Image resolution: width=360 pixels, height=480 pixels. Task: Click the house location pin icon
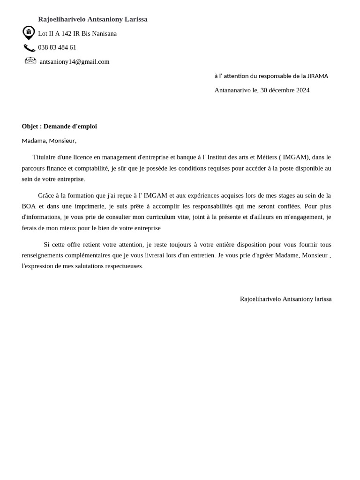(x=29, y=32)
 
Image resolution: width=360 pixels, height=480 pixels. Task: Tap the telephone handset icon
(x=29, y=47)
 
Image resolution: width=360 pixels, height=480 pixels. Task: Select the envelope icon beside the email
(x=30, y=60)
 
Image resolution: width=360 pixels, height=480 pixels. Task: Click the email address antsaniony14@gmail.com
(x=75, y=61)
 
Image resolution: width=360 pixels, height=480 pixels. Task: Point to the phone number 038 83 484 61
(x=57, y=47)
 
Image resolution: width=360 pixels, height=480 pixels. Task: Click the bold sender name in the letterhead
(x=93, y=19)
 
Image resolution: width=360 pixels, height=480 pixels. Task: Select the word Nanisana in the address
(x=105, y=33)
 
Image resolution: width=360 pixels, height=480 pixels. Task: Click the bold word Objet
(x=30, y=126)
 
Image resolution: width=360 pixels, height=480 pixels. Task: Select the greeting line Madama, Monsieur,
(x=49, y=140)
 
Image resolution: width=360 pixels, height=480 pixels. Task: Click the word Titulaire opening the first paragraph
(x=45, y=157)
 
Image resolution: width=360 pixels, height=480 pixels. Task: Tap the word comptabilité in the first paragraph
(x=89, y=168)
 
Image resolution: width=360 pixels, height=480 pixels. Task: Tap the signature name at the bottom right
(x=285, y=299)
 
